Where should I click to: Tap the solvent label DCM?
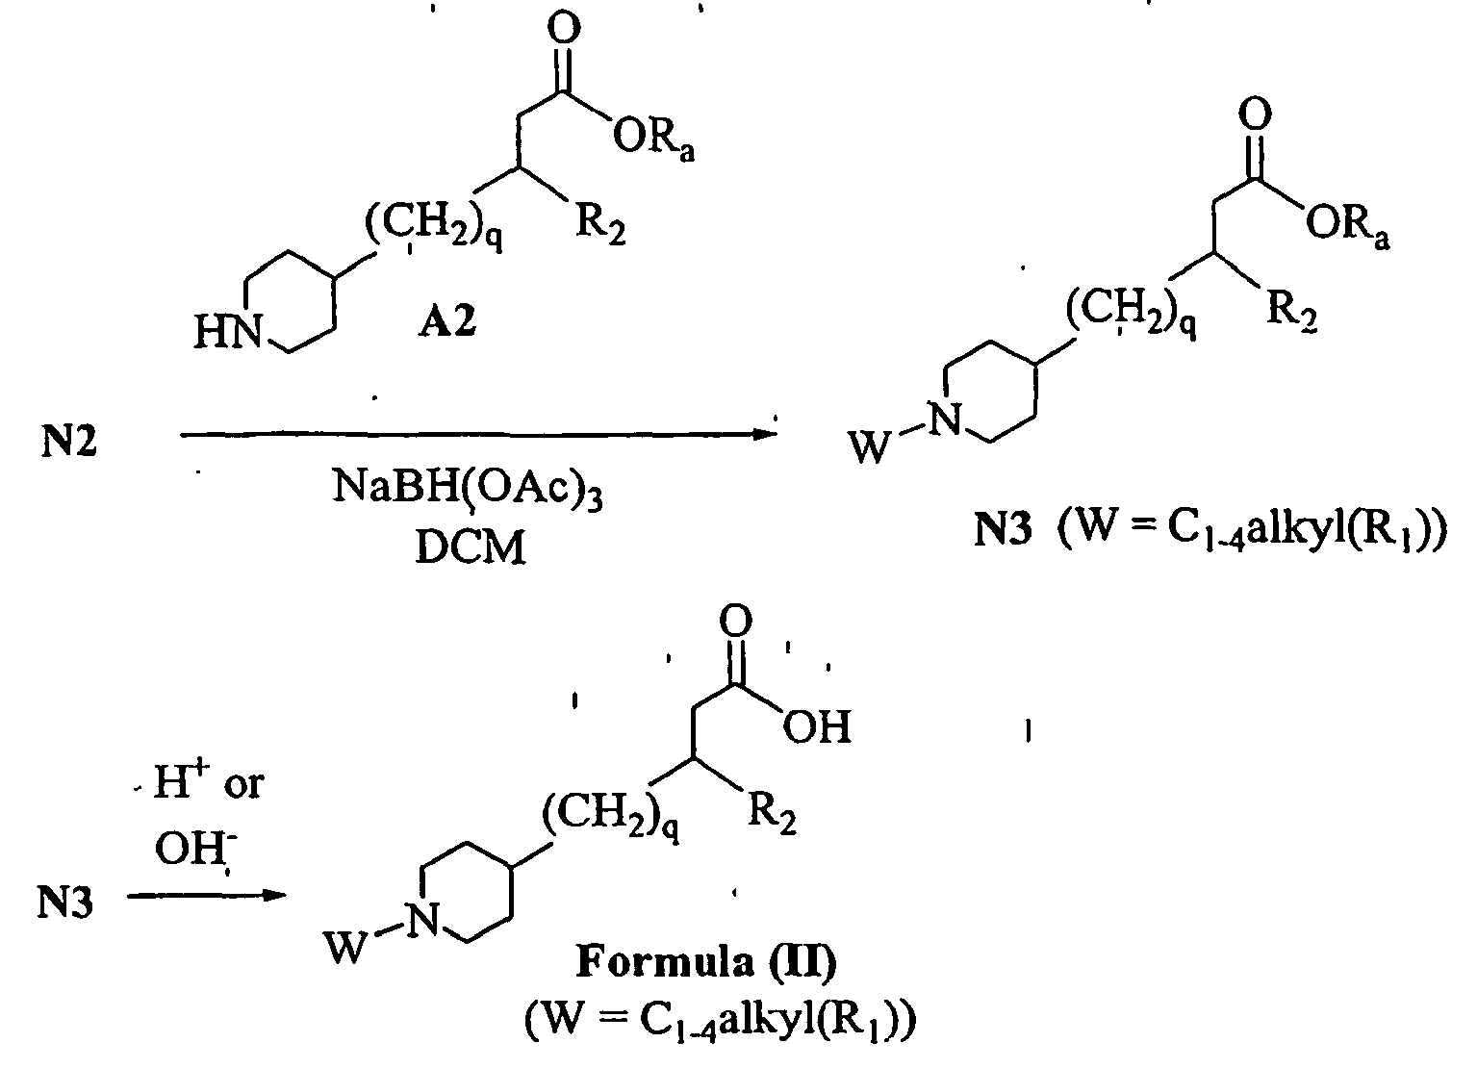471,548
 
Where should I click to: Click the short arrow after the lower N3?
206,896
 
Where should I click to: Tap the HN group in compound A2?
228,333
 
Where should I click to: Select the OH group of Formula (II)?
817,728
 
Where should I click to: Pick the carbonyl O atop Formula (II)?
738,620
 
